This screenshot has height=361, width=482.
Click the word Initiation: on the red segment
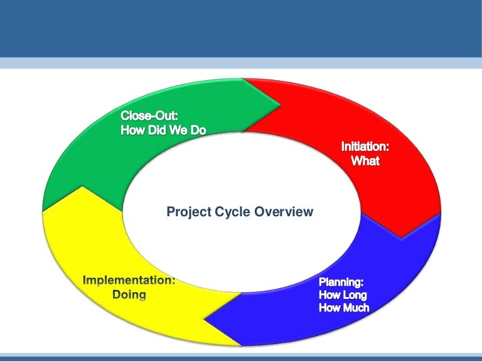(365, 147)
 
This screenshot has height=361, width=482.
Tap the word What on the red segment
(365, 161)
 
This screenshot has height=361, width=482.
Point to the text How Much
(344, 308)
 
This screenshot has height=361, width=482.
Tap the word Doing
(129, 295)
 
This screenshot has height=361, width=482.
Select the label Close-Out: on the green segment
(150, 116)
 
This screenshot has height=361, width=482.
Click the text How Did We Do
(163, 130)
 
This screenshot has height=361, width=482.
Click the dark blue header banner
(241, 28)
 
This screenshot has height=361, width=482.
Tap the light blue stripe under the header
(241, 63)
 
